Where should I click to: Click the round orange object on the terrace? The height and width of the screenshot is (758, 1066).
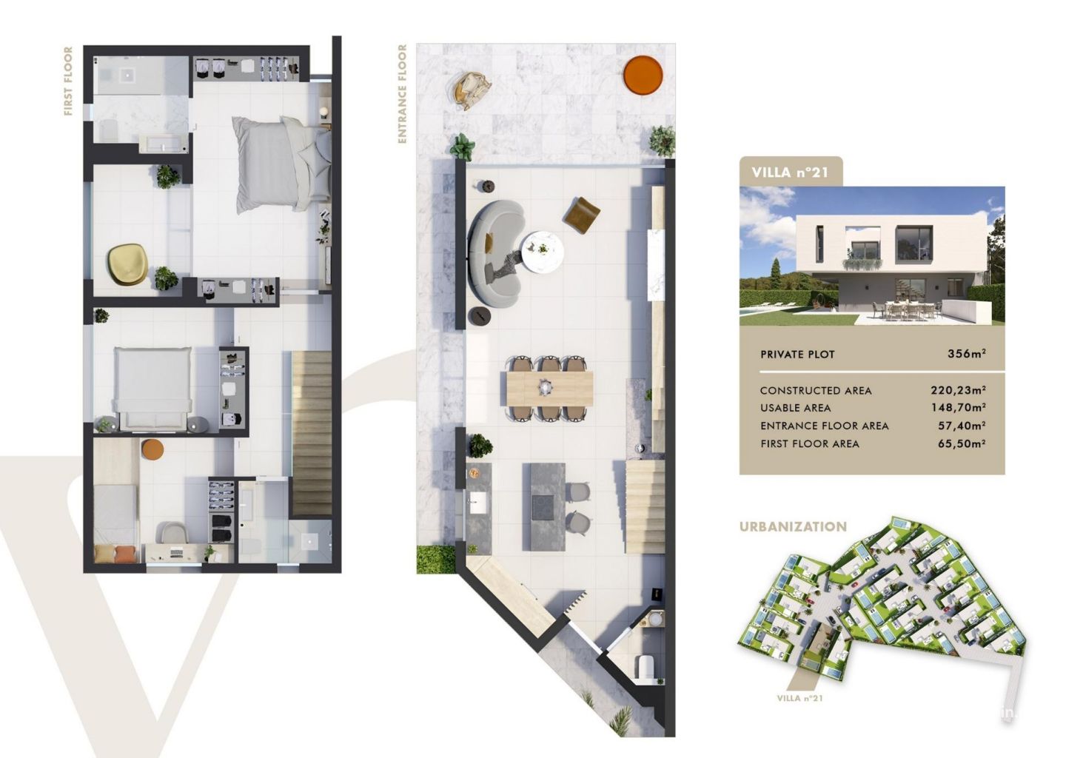643,76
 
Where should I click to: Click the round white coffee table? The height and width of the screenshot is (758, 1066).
543,252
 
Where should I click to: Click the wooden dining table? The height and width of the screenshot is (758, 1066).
549,389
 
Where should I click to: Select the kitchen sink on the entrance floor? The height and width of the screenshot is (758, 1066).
478,503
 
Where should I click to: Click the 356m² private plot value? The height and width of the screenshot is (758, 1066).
967,354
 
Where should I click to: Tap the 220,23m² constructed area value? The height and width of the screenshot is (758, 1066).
959,390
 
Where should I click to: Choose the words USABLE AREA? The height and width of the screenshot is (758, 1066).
795,408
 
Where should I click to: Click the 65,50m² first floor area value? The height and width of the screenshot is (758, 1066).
962,443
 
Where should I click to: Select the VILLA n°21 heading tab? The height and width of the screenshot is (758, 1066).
791,172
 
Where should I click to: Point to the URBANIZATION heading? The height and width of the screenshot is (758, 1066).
793,527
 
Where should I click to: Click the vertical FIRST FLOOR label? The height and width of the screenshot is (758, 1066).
69,81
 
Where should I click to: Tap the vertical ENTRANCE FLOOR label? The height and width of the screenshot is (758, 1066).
403,94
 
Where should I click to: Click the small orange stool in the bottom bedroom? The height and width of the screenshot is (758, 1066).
152,449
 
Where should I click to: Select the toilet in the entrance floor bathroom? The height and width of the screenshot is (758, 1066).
646,665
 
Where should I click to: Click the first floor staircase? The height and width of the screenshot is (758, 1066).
311,433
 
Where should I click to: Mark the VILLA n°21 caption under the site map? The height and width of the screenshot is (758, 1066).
799,699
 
